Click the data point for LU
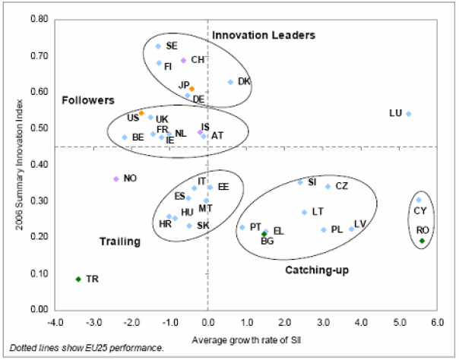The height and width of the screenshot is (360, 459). click(x=408, y=114)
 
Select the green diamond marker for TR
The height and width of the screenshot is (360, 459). click(x=78, y=279)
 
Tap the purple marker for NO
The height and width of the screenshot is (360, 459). click(x=116, y=178)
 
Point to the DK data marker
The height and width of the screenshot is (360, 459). click(x=230, y=82)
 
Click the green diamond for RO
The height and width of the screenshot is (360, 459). click(x=423, y=241)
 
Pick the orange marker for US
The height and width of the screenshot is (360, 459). click(x=141, y=113)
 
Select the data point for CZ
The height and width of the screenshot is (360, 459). click(x=328, y=186)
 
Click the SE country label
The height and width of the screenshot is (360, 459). click(x=172, y=46)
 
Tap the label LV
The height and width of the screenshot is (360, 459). click(x=360, y=223)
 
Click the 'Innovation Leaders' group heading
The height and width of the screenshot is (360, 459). click(x=263, y=35)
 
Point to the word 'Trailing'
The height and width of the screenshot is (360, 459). click(x=120, y=242)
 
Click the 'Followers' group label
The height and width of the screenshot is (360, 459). click(x=87, y=99)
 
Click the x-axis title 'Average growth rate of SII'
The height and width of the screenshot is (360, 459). click(x=245, y=336)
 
